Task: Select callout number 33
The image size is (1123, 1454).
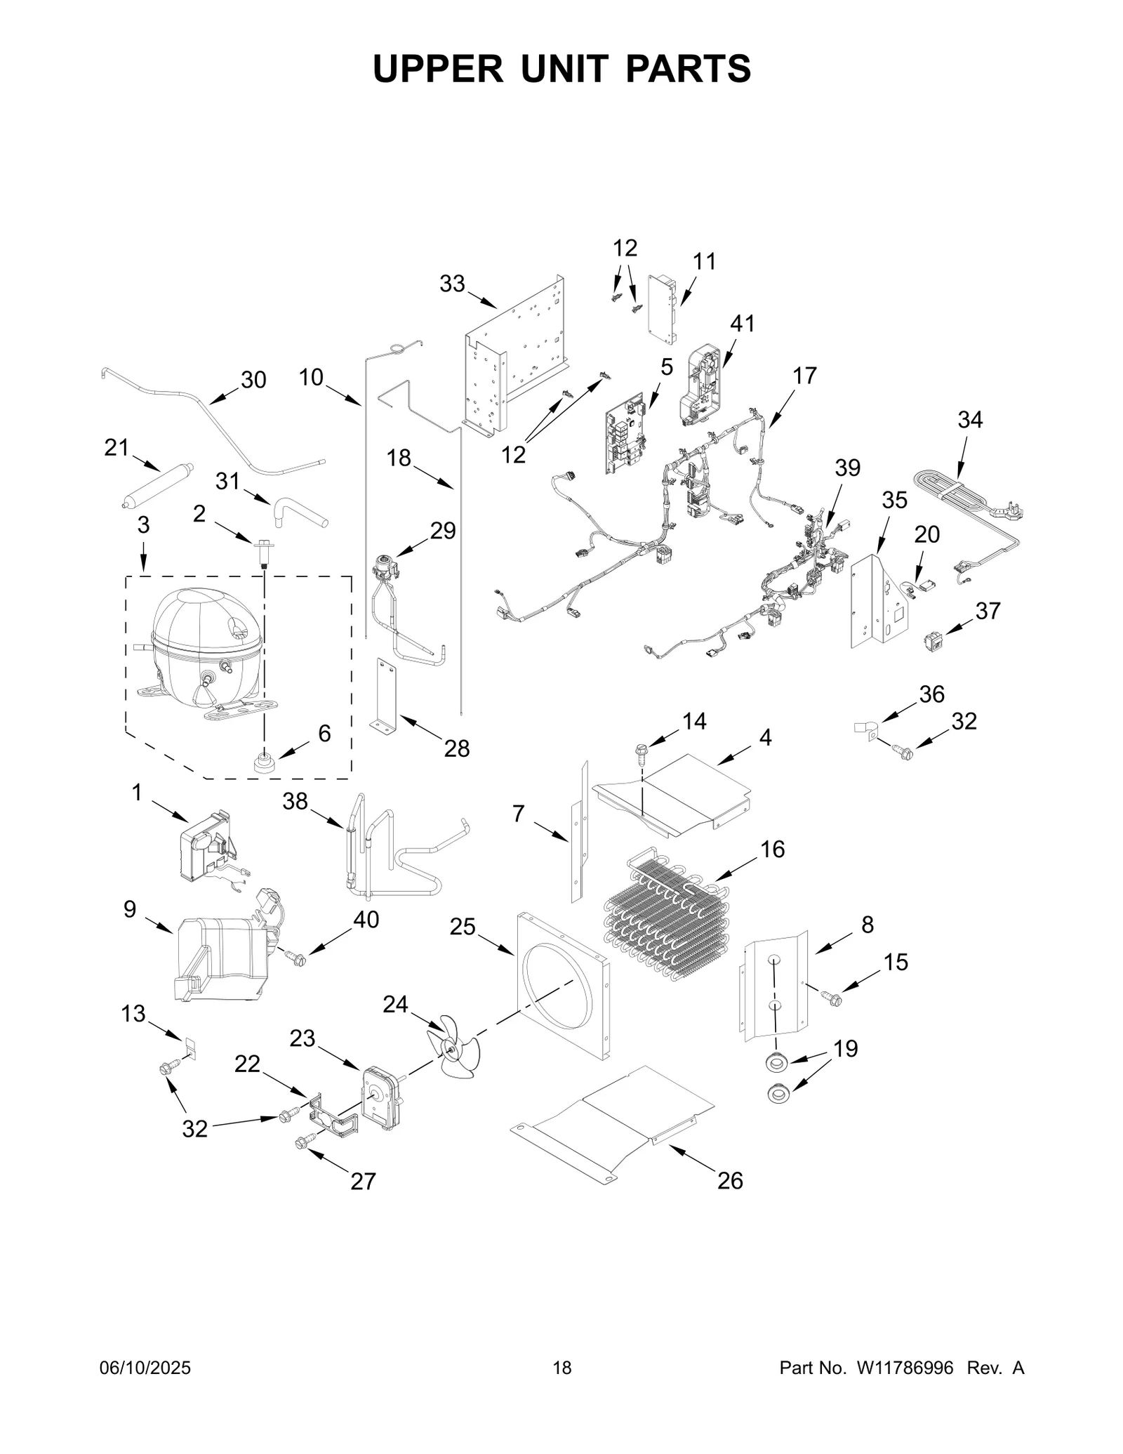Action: pyautogui.click(x=453, y=284)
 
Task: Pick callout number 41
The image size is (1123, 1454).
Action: pyautogui.click(x=743, y=324)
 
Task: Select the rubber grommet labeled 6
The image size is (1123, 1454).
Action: pyautogui.click(x=265, y=762)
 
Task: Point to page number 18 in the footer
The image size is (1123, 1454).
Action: pyautogui.click(x=561, y=1367)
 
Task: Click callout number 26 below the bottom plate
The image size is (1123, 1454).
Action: pyautogui.click(x=730, y=1181)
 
